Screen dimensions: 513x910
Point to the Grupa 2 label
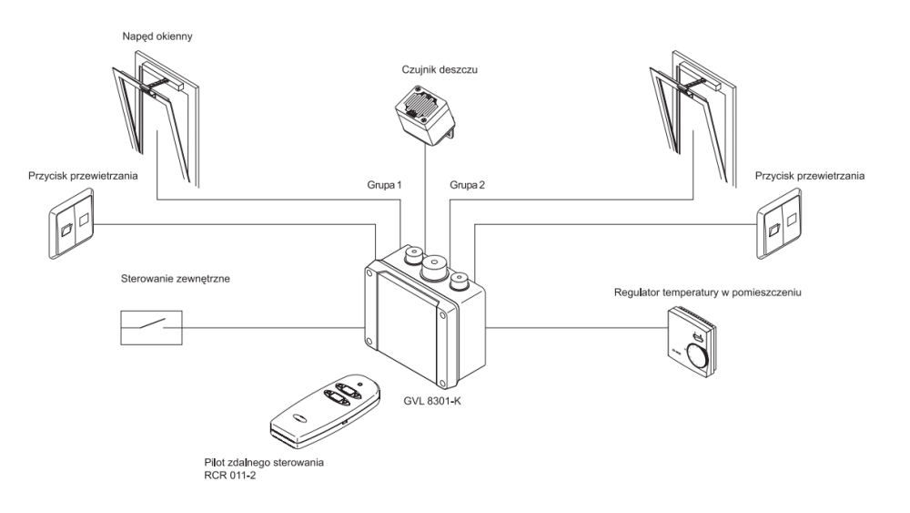click(x=468, y=186)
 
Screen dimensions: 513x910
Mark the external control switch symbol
click(x=151, y=325)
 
